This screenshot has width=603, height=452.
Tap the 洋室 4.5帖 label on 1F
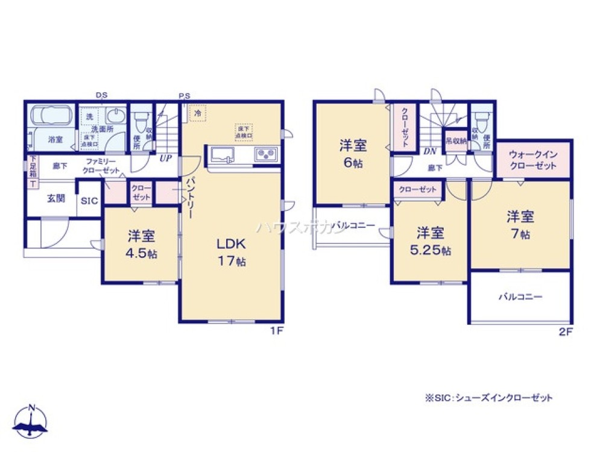142,244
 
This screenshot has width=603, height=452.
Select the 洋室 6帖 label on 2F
353,153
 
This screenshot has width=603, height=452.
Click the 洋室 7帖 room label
520,224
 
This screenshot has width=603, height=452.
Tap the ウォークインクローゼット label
533,160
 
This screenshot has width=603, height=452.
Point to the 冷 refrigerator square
198,113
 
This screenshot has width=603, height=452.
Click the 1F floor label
277,331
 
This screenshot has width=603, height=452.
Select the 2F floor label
567,331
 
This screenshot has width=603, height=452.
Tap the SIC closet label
88,202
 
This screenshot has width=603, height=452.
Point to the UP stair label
164,159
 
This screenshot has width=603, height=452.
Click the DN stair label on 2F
430,152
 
